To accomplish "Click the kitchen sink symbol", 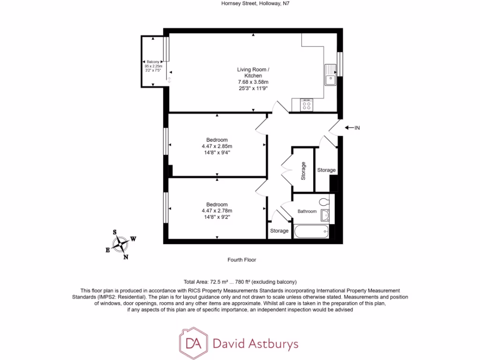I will click(x=330, y=75).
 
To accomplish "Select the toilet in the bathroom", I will click(x=323, y=202).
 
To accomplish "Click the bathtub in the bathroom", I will click(x=311, y=231).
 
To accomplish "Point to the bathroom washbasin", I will click(x=325, y=215).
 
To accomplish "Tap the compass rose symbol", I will click(x=121, y=244).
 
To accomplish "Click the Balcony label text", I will click(x=153, y=62).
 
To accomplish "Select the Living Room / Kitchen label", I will click(x=253, y=73).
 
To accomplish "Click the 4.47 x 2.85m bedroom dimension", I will click(x=217, y=146).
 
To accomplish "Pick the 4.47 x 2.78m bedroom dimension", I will click(x=217, y=210).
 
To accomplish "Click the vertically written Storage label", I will click(x=303, y=171).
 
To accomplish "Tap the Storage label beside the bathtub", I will click(x=279, y=231).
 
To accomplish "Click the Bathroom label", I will click(x=307, y=211).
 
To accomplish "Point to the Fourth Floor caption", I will click(x=242, y=260).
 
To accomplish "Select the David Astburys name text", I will click(x=255, y=344).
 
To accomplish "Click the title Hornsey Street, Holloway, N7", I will click(x=253, y=3).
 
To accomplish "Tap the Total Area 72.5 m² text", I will click(x=206, y=282).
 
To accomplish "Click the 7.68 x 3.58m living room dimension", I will click(x=253, y=82).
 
